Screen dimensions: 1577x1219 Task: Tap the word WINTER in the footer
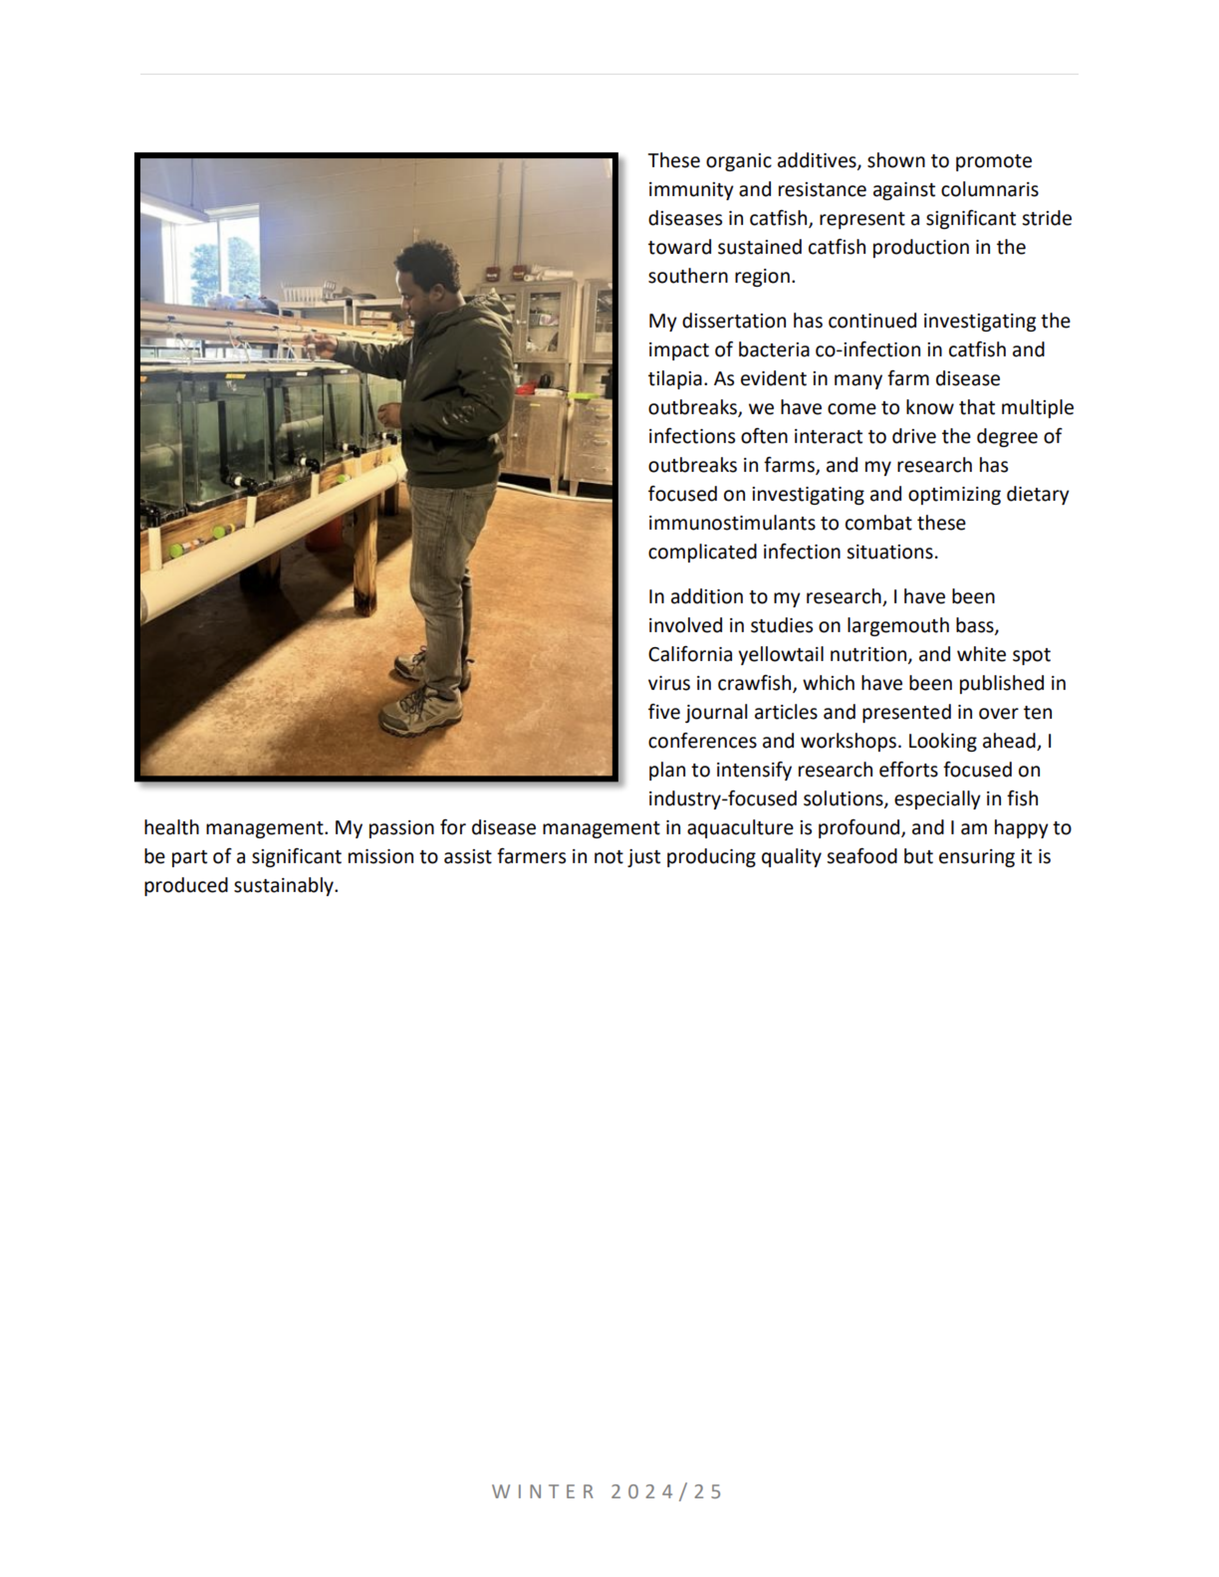[543, 1492]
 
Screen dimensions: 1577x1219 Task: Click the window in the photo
[217, 260]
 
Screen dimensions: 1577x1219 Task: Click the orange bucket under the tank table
[325, 534]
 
